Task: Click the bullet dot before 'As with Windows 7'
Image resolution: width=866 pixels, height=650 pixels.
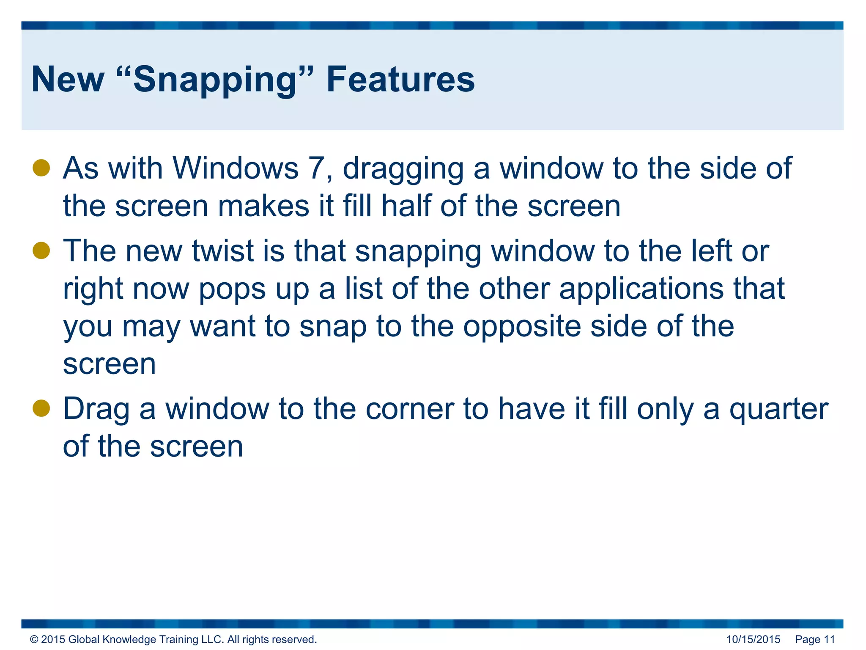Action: tap(41, 168)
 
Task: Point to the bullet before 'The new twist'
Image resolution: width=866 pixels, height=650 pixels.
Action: tap(41, 251)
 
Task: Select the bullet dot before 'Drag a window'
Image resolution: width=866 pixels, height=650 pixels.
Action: tap(41, 408)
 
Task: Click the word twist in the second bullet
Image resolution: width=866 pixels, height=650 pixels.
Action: tap(222, 251)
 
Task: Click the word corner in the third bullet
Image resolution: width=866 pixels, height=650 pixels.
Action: tap(410, 409)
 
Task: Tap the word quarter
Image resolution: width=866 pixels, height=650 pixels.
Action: tap(778, 409)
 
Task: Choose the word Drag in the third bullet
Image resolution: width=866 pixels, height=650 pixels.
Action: tap(96, 409)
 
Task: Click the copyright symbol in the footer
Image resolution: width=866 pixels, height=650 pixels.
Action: tap(34, 639)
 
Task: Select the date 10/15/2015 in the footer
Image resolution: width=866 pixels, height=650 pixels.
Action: tap(753, 639)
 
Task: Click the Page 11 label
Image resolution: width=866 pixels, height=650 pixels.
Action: tap(815, 639)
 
